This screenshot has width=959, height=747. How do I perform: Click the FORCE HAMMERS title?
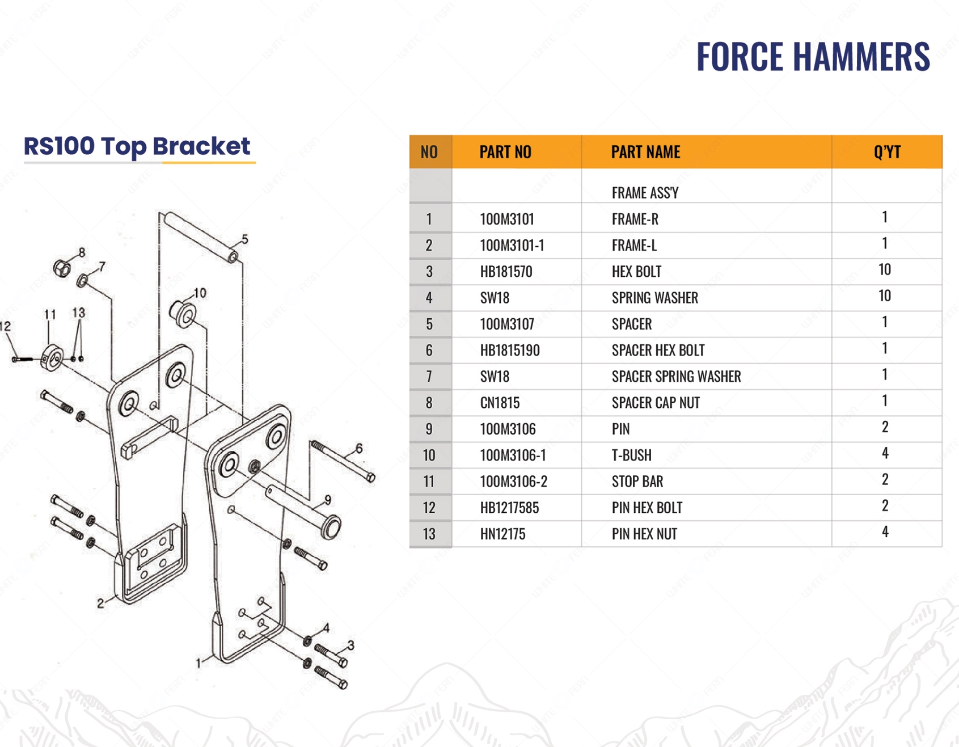813,57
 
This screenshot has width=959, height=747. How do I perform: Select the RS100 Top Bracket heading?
137,146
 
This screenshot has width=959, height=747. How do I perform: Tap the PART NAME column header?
645,152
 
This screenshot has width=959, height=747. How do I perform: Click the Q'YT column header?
887,152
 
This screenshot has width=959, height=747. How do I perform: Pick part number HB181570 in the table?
506,272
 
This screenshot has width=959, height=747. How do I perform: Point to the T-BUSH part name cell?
631,455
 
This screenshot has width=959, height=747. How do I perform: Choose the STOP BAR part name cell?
637,482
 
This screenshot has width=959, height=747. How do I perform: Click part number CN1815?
500,403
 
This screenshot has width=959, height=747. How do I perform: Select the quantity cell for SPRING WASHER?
885,296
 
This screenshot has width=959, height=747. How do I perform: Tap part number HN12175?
502,534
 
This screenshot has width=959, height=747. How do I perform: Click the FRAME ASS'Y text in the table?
645,193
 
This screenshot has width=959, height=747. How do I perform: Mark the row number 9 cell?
429,429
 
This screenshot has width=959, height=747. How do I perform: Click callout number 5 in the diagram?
244,239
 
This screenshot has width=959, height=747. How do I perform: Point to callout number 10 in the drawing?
200,293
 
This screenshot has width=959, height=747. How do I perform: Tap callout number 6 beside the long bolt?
359,449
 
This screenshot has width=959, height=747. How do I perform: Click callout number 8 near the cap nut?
82,252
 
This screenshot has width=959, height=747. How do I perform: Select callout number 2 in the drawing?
100,603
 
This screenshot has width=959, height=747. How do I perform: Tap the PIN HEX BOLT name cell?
647,508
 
